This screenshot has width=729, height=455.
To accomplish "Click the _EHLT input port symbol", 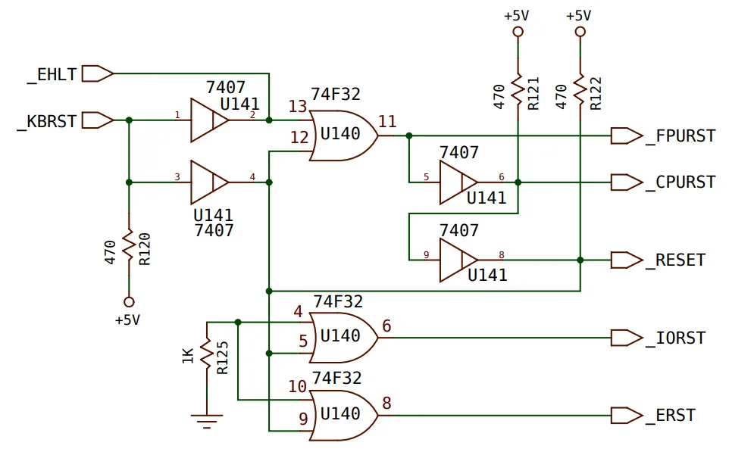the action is click(x=98, y=74).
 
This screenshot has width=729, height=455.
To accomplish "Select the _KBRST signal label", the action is click(x=47, y=122).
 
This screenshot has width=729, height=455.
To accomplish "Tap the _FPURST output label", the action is click(x=681, y=136).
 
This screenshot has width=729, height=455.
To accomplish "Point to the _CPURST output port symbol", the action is click(x=627, y=182).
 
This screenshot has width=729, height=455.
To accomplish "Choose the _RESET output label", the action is click(x=676, y=260).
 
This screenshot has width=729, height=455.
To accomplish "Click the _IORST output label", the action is click(x=676, y=338).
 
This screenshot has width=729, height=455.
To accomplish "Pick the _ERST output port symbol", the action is click(x=627, y=416).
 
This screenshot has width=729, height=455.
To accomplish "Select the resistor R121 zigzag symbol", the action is click(x=518, y=92).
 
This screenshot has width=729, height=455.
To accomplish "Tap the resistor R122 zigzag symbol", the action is click(x=580, y=92).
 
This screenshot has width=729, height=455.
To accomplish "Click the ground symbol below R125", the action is click(x=207, y=420).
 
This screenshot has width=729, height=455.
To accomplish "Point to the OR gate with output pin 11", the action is click(x=344, y=136).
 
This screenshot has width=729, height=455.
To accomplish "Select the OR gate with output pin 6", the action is click(x=344, y=338).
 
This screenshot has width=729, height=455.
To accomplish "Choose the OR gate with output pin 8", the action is click(x=344, y=415).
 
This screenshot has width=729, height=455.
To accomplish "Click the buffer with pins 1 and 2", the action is click(x=209, y=120).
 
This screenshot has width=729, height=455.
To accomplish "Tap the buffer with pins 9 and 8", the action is click(x=458, y=260).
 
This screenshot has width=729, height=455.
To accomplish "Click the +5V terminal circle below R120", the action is click(x=130, y=302).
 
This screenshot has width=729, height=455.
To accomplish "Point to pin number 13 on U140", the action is click(x=298, y=107).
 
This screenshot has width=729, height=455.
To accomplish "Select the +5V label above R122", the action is click(x=578, y=16).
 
